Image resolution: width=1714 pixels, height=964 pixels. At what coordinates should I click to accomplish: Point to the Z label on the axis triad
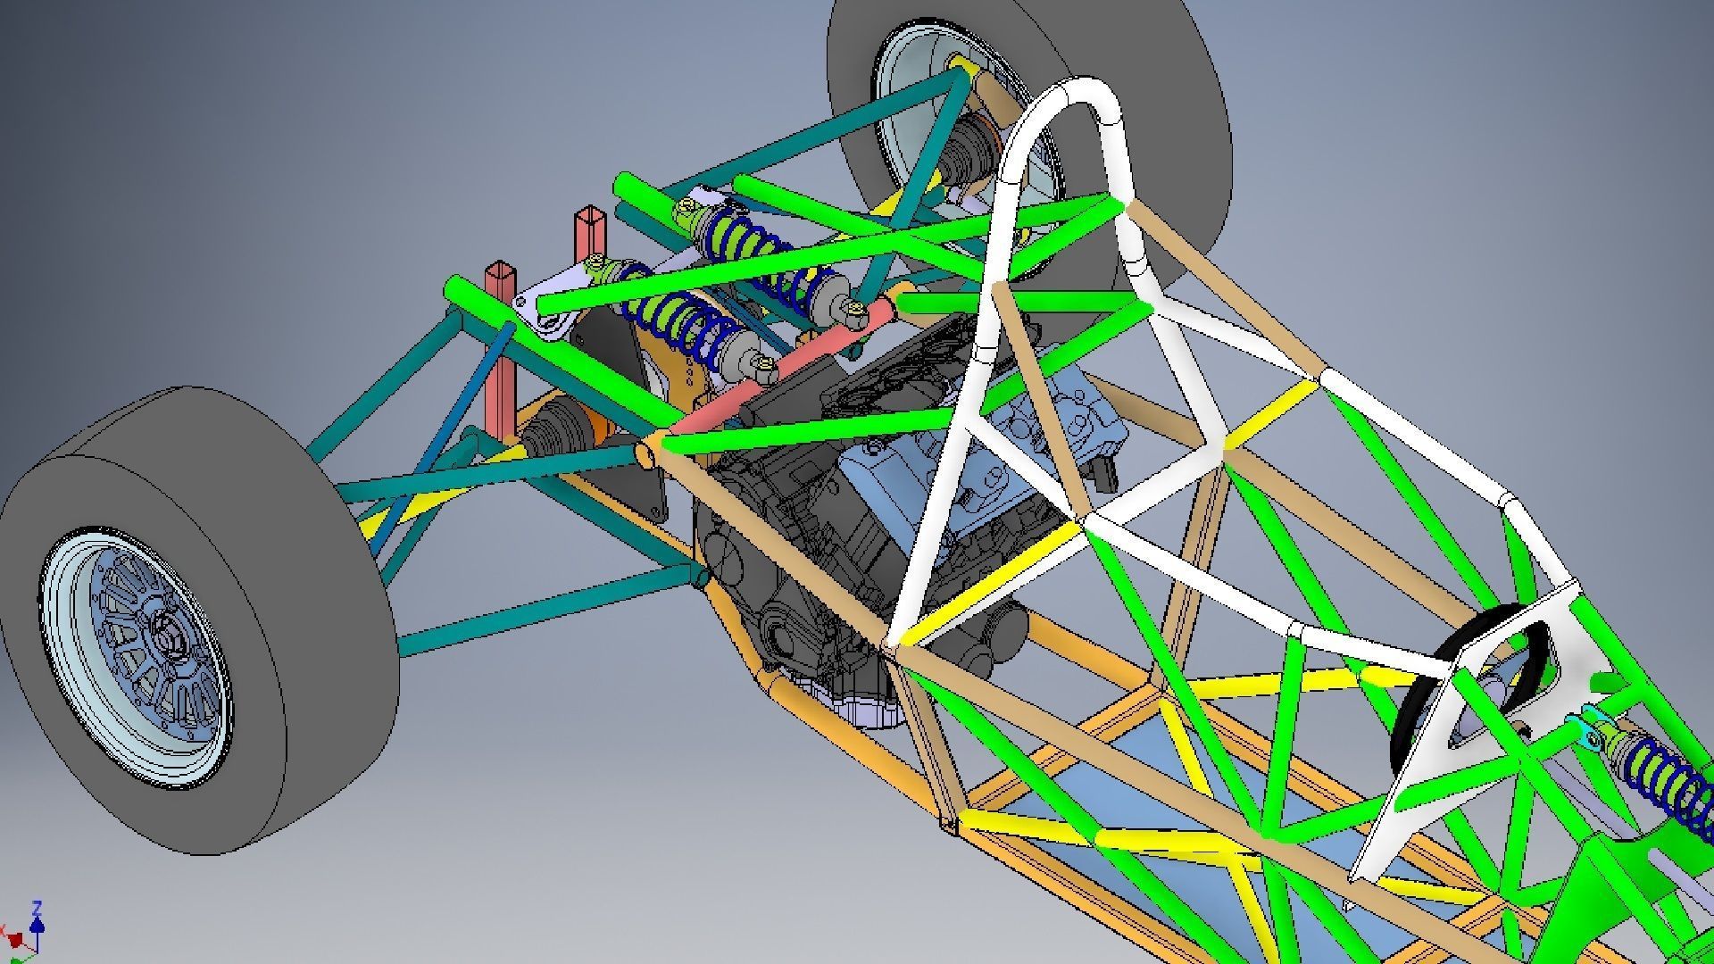(x=37, y=908)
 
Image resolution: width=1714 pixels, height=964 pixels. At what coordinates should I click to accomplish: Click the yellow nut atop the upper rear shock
(x=686, y=208)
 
